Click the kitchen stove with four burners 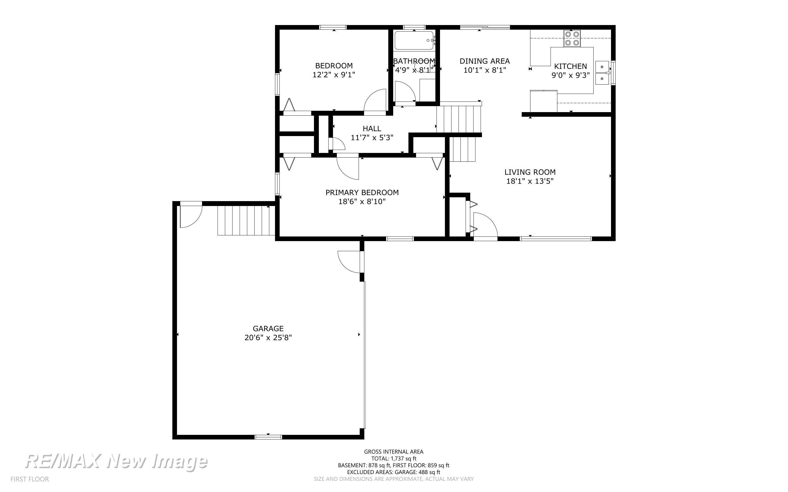[x=572, y=38]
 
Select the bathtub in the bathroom [x=414, y=40]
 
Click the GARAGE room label [x=268, y=329]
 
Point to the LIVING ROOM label [x=530, y=172]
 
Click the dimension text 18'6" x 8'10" [x=362, y=202]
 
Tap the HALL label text [x=372, y=128]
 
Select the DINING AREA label [x=485, y=61]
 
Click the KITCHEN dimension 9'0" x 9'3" [x=570, y=75]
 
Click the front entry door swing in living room [x=485, y=225]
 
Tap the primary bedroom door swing [x=348, y=168]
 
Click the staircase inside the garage [x=246, y=220]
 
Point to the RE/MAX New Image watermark [x=116, y=462]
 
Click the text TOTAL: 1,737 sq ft [x=394, y=459]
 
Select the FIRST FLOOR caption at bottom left [x=30, y=479]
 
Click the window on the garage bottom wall [x=268, y=437]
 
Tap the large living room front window [x=556, y=239]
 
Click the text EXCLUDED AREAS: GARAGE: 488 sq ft [x=393, y=472]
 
